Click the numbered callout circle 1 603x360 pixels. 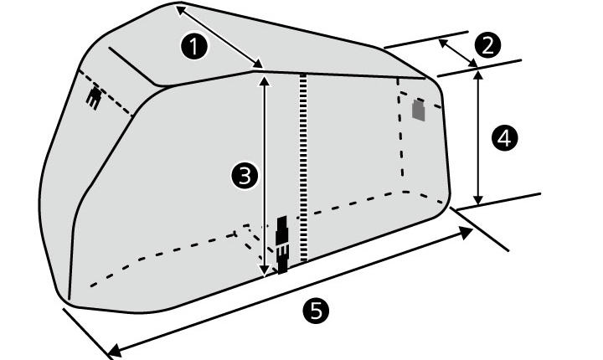coord(194,46)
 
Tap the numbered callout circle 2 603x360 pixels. coord(487,45)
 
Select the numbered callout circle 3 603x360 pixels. coord(245,176)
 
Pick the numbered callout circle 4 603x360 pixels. coord(504,138)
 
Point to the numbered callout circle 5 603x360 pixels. coord(316,311)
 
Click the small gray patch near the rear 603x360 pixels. coord(419,111)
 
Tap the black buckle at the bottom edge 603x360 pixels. coord(282,244)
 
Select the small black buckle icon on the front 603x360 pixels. coord(94,98)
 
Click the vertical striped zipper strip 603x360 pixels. coord(304,167)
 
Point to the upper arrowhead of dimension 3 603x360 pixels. coord(264,80)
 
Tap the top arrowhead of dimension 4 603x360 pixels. coord(478,74)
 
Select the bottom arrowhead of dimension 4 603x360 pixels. coord(478,200)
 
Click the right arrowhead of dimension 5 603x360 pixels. coord(467,232)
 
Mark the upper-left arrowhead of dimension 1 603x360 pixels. coord(181,11)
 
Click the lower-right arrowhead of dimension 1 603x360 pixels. coord(259,64)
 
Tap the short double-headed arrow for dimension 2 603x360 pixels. coord(457,53)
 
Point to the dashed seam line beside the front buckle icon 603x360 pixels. coord(106,92)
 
